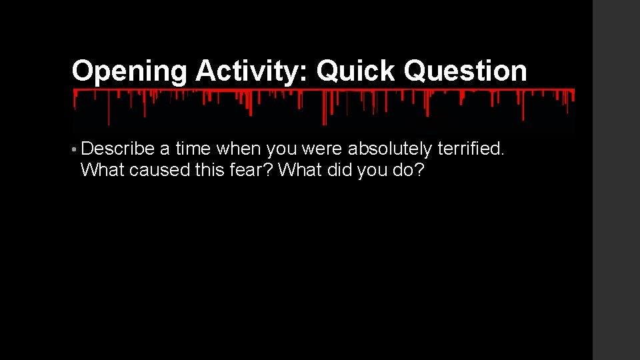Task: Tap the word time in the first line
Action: [193, 149]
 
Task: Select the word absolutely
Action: [389, 149]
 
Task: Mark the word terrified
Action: [471, 149]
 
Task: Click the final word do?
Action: [408, 171]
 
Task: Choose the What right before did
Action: [300, 171]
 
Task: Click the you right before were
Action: [283, 149]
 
